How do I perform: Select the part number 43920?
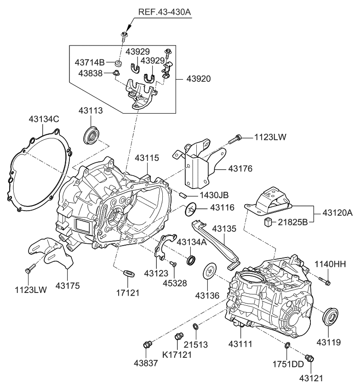tap(198, 79)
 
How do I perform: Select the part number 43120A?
tap(337, 213)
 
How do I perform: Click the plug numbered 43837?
tap(148, 344)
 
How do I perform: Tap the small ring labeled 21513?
tap(195, 327)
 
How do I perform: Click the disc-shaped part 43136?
tap(210, 270)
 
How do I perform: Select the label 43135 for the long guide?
tap(223, 228)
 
